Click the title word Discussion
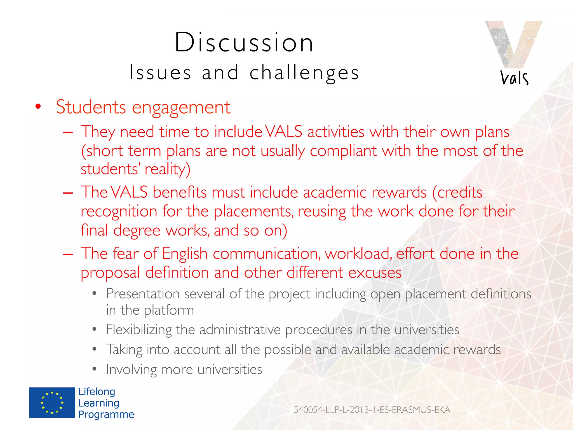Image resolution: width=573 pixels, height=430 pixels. (x=244, y=43)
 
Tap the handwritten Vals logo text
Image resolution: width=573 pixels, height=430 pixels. (x=514, y=78)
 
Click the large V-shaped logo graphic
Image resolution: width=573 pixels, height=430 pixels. (x=513, y=43)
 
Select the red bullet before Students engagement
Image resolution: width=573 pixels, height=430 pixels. (x=38, y=107)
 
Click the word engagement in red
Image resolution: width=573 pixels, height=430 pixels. (x=181, y=107)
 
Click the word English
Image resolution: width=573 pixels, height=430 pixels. (x=185, y=254)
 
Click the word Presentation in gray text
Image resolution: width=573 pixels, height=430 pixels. (x=143, y=294)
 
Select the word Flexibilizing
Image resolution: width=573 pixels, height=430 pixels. (x=139, y=329)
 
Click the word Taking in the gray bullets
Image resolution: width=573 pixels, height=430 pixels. (x=124, y=350)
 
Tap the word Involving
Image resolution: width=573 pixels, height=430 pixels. (x=131, y=370)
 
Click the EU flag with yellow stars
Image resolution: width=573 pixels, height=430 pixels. (x=52, y=403)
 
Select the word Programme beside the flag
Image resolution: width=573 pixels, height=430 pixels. (x=106, y=414)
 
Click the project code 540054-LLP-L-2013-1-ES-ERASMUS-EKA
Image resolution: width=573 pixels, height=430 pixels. (x=372, y=410)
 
